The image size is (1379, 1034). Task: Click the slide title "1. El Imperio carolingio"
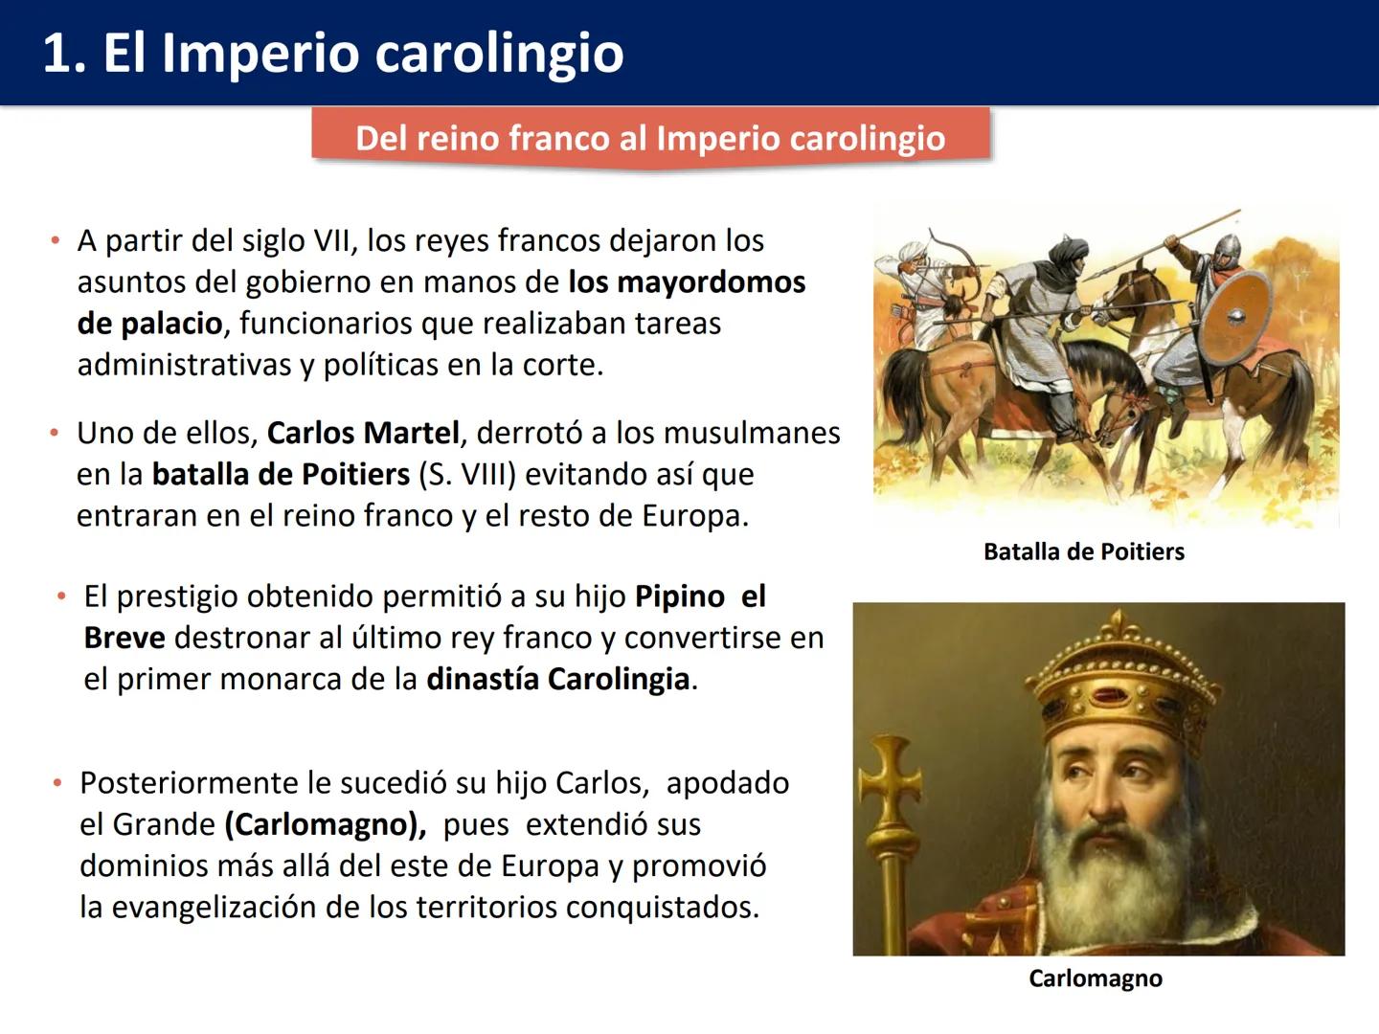click(333, 53)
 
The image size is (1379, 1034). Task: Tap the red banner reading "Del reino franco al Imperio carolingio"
click(650, 138)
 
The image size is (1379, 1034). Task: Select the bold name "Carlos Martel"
click(363, 433)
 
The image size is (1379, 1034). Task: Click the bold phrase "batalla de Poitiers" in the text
click(281, 474)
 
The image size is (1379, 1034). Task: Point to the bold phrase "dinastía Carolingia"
click(558, 679)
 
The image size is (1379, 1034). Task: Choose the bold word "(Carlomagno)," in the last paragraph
click(326, 824)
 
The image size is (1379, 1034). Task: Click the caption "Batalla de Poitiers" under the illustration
click(1083, 551)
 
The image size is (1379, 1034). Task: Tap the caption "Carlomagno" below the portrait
click(1095, 978)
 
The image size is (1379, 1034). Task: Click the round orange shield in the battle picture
click(1235, 315)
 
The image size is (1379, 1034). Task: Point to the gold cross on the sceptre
click(890, 780)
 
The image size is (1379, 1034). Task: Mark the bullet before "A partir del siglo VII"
click(56, 240)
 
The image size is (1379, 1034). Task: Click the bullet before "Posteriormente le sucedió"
click(57, 783)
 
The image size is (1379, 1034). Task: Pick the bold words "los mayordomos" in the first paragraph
click(687, 282)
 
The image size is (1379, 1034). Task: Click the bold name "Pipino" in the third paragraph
click(679, 596)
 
